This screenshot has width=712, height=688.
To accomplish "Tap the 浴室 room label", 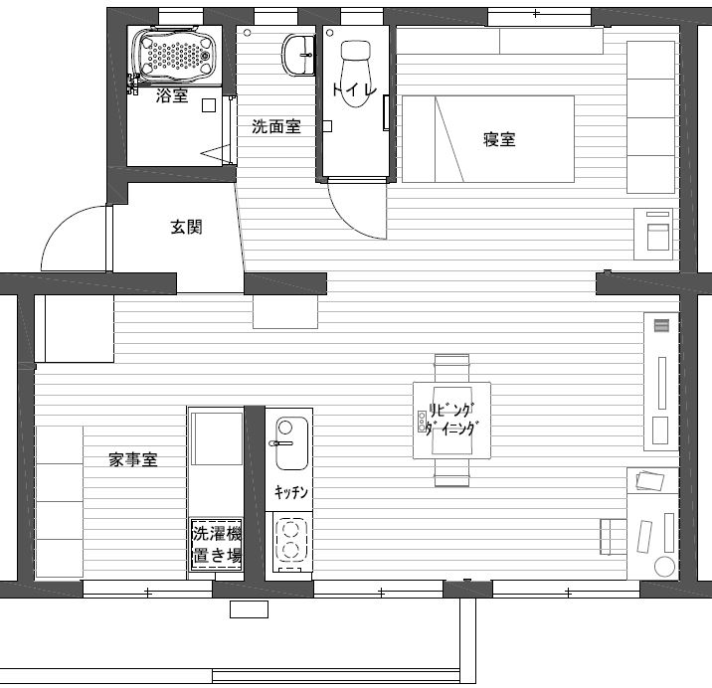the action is coord(172,95).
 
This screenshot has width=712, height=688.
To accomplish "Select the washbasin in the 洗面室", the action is coord(298,56).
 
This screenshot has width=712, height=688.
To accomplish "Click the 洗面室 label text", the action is coord(276,126).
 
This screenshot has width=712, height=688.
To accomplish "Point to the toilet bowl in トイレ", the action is coord(356,74).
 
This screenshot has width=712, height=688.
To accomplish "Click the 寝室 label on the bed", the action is coord(499,139).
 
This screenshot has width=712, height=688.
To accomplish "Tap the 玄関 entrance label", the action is coord(186,227).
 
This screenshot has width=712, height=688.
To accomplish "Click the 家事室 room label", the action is coord(133,459).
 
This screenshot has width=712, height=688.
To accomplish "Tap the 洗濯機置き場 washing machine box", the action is coord(216,545).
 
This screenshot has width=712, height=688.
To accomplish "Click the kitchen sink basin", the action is coord(291,443).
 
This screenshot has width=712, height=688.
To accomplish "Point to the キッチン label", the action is coord(291,491).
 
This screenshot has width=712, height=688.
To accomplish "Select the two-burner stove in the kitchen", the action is coord(289,541).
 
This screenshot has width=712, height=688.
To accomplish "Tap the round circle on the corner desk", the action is coord(665,567).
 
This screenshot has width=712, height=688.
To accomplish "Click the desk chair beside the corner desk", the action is coord(614,536).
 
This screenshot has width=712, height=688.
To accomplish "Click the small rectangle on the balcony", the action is coord(249,609).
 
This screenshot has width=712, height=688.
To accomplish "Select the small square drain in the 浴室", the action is coord(209,105).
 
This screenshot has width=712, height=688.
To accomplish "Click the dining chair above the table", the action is coord(451,368).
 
